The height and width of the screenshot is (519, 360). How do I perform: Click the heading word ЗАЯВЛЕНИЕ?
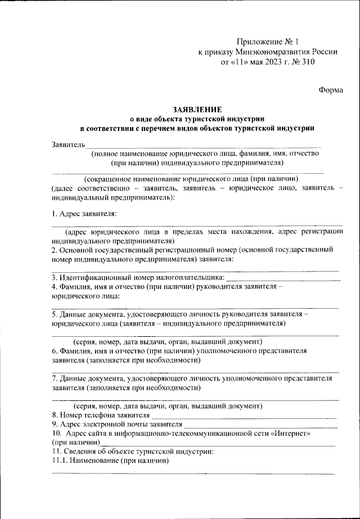199,110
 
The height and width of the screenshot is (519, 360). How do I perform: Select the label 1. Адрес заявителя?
84,214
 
